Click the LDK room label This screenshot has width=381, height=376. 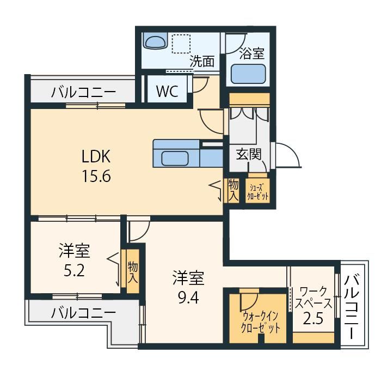tap(96, 156)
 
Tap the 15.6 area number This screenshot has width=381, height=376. tap(96, 176)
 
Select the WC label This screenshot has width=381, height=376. tap(167, 91)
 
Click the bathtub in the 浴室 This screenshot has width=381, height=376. tap(248, 74)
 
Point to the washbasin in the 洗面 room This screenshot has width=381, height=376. tap(155, 40)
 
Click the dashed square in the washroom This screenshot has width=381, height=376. tap(181, 44)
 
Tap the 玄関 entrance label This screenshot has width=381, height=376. tap(249, 154)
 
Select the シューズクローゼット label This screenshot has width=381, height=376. tap(258, 192)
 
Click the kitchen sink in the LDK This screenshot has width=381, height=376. tap(175, 157)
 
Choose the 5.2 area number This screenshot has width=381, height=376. tap(74, 270)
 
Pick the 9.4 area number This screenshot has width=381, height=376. tap(188, 298)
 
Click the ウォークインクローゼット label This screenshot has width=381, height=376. tap(260, 323)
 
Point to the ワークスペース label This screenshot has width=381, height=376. tap(314, 298)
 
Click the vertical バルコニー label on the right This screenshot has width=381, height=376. tap(352, 307)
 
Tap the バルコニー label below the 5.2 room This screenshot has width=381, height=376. tap(83, 313)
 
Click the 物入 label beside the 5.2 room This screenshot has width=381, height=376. tap(133, 272)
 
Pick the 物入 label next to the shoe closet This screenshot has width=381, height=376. tap(233, 190)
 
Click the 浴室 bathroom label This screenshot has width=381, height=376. tap(251, 53)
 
